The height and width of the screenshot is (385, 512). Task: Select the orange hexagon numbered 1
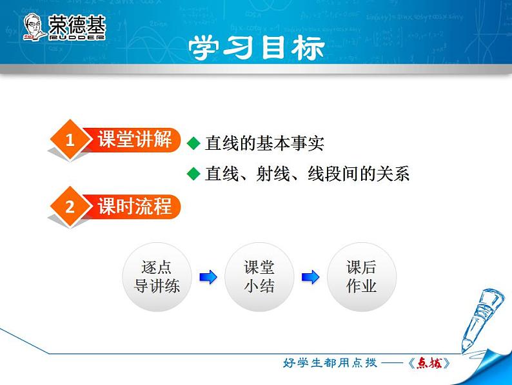point(70,140)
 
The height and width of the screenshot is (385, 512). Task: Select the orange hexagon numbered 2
point(70,207)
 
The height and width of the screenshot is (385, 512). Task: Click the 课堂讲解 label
point(134,139)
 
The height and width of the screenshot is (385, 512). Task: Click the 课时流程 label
point(134,206)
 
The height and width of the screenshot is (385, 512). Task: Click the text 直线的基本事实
point(264,143)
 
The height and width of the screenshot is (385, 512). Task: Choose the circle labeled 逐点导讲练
point(156,277)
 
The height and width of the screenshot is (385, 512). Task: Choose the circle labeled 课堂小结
point(259,277)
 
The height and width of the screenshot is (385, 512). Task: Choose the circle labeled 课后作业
point(361,277)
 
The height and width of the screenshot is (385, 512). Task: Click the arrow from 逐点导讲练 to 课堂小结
point(208,277)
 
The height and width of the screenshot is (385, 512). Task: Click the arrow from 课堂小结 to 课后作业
point(310,277)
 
